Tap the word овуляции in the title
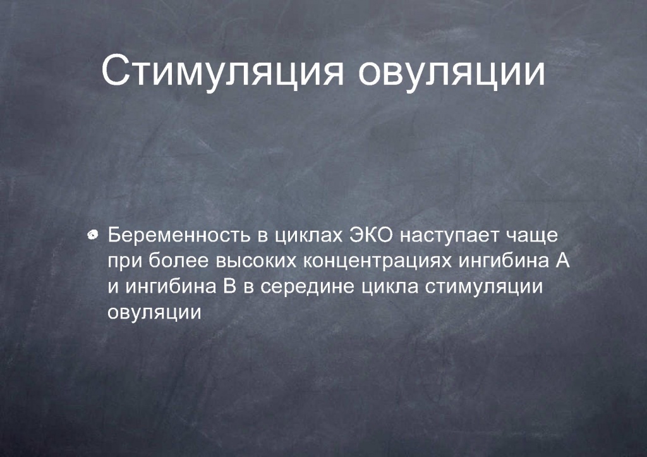[451, 72]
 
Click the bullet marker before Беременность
[94, 235]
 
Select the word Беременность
[179, 235]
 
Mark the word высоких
[256, 262]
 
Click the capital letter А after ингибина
[562, 260]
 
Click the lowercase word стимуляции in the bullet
[483, 288]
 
